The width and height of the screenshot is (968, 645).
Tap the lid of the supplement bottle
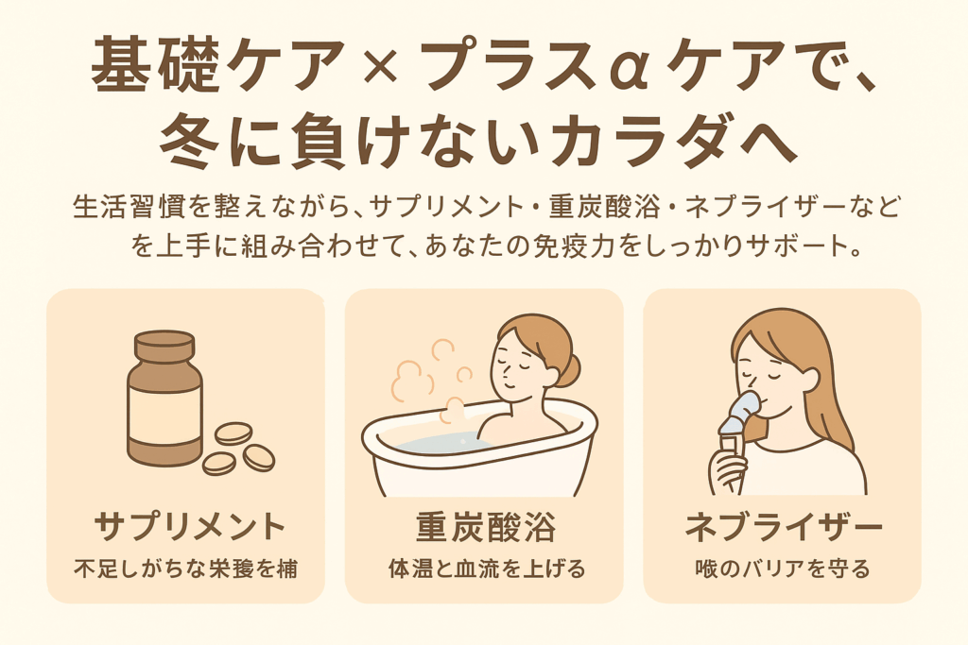[164, 347]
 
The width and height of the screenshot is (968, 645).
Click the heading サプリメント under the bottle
[188, 527]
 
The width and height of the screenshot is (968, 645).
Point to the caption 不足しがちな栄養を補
[186, 569]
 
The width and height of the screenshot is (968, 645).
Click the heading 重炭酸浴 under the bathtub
[485, 527]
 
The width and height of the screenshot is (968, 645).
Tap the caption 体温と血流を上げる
[487, 569]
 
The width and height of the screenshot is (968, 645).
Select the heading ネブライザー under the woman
[784, 527]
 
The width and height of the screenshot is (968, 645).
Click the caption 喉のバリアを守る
[782, 569]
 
